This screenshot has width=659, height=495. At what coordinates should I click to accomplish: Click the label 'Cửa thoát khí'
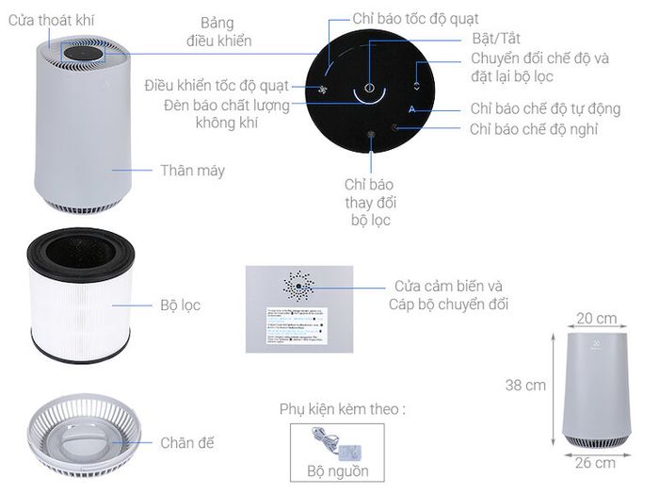click(51, 19)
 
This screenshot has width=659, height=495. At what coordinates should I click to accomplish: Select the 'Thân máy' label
click(192, 171)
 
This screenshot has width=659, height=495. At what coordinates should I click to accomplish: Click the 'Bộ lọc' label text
click(180, 305)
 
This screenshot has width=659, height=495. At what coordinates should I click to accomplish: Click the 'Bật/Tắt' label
click(495, 39)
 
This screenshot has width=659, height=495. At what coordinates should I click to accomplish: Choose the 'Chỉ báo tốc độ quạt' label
click(415, 19)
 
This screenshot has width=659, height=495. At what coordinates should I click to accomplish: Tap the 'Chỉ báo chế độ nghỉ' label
click(533, 129)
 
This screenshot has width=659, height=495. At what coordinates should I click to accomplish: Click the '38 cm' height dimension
click(525, 385)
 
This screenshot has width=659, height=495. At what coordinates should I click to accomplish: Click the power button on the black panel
click(370, 90)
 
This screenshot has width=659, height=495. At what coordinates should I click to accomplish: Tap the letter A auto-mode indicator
click(412, 110)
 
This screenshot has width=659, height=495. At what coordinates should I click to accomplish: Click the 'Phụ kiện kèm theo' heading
click(342, 409)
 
